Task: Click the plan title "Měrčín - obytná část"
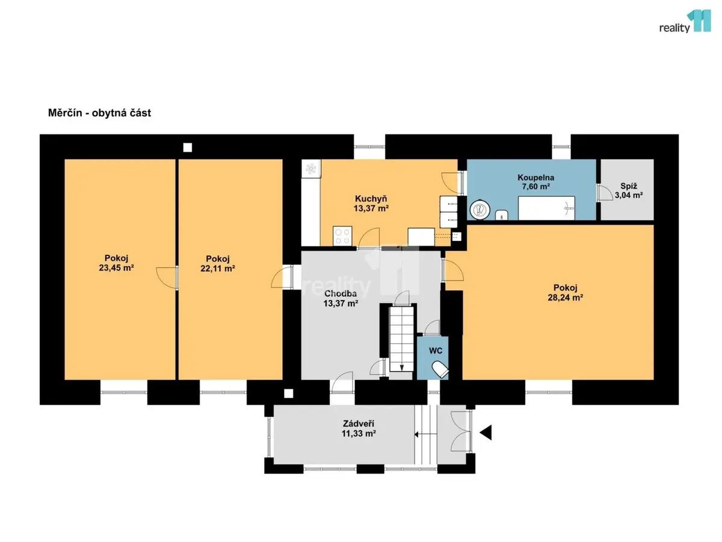(99, 113)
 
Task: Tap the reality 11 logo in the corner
(685, 21)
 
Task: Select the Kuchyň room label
(371, 199)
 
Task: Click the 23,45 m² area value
(116, 268)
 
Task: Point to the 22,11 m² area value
(217, 269)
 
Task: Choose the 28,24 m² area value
(565, 298)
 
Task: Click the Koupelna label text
(535, 178)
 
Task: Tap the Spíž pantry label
(629, 186)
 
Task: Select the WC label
(435, 351)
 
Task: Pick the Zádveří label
(358, 423)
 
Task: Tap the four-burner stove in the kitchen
(342, 235)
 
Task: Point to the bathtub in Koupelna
(546, 208)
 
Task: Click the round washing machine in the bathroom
(480, 210)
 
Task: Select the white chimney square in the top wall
(188, 148)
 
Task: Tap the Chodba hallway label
(340, 293)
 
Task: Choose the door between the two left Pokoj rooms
(167, 278)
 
